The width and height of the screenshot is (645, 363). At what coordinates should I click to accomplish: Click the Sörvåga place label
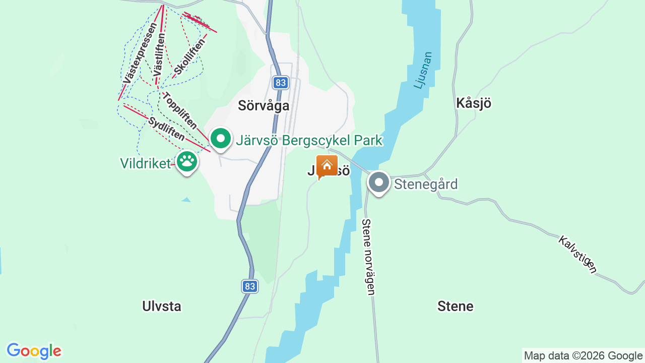tap(264, 106)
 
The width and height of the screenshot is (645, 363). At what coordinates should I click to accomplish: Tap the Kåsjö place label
tap(473, 103)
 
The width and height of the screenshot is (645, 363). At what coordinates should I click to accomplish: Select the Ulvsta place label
tap(162, 307)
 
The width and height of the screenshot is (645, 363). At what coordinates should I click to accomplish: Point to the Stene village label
tap(455, 307)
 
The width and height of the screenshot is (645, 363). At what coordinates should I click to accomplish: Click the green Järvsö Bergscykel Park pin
tap(220, 139)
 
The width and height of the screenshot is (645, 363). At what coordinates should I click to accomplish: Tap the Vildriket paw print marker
tap(187, 161)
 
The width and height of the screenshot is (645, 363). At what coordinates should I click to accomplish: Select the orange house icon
tap(327, 165)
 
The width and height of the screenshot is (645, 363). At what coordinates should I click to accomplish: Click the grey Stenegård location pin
tap(378, 182)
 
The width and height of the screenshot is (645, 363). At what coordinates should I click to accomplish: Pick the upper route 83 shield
tap(281, 83)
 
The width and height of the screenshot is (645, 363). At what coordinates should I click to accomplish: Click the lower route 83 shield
tap(249, 286)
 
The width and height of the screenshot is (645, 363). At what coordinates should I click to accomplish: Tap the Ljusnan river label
tap(423, 70)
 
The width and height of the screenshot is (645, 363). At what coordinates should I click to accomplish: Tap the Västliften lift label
tap(159, 54)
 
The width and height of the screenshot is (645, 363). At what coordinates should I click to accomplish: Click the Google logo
tap(34, 351)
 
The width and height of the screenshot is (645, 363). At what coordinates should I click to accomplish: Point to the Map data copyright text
tap(583, 356)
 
